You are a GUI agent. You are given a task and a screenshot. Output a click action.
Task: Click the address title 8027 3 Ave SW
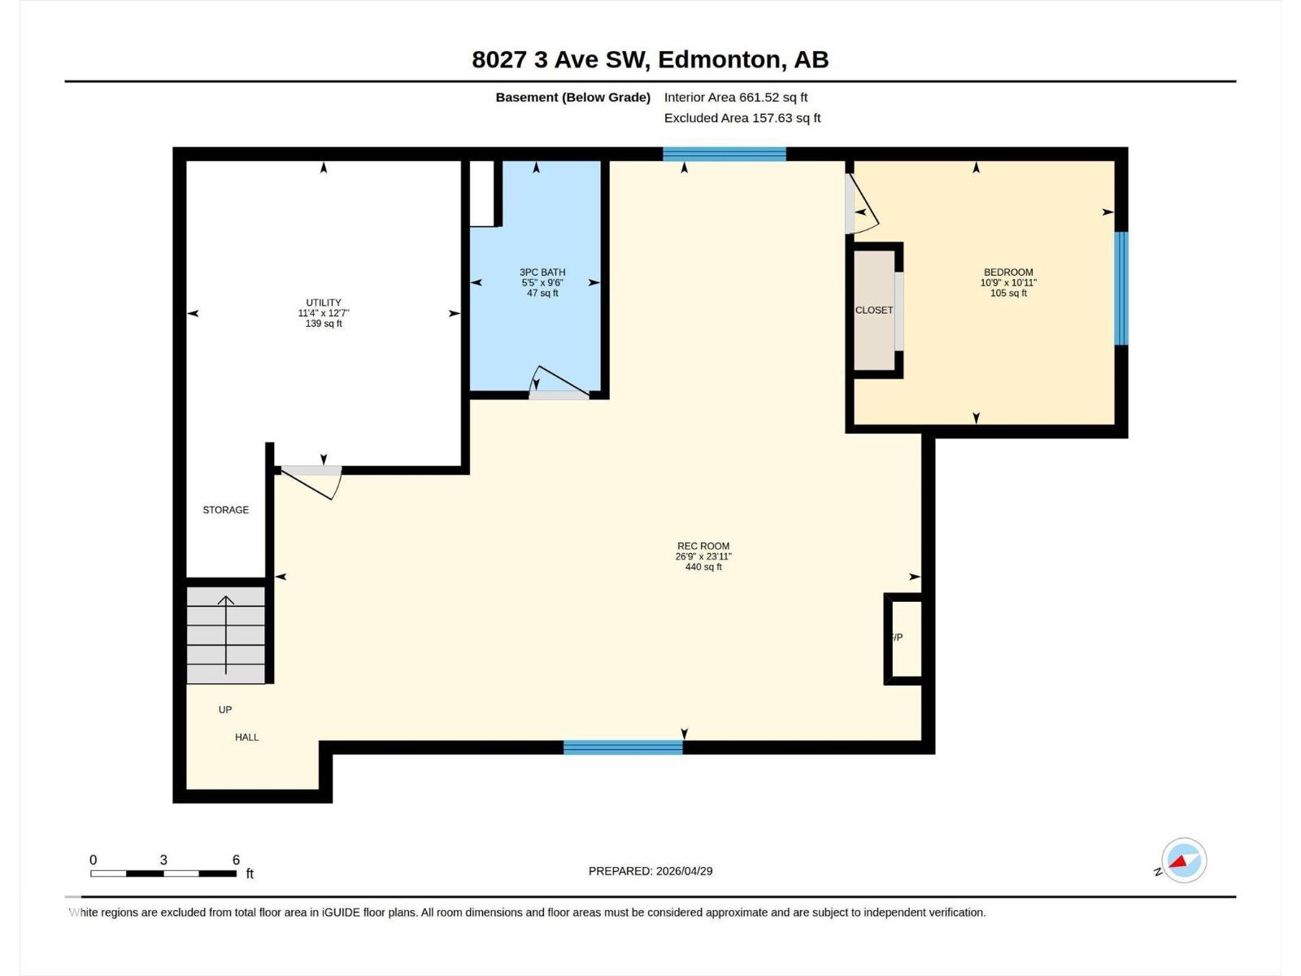coord(650,59)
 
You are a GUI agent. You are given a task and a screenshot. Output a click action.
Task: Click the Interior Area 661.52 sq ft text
coord(735,97)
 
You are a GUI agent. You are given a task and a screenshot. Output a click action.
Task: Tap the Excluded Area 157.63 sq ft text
coord(742,118)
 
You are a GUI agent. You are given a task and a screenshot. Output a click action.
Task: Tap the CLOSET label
coord(874,310)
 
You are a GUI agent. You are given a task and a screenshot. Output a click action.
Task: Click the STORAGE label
coord(225,510)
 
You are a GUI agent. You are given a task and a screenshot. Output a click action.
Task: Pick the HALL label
coord(246,737)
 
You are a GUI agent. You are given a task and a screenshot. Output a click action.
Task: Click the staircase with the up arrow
coord(226,635)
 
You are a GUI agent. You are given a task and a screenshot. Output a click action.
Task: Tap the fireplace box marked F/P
coord(903,638)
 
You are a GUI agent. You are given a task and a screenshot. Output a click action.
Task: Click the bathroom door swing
coord(559,384)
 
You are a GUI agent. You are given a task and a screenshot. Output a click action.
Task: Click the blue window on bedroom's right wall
coord(1121,288)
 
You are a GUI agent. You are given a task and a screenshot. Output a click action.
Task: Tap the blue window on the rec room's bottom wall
coord(623,747)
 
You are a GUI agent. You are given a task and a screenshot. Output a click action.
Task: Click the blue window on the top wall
coord(724,154)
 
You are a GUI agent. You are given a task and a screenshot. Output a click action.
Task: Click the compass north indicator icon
coord(1183,861)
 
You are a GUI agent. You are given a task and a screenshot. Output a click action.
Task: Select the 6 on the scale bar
coord(236,860)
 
